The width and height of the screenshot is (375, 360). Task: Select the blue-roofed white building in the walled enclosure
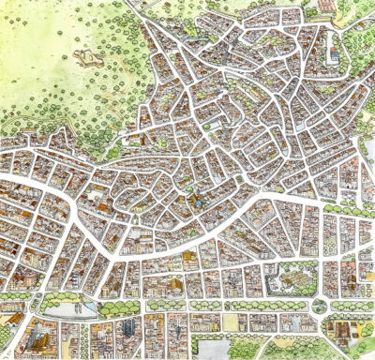coord(334,55)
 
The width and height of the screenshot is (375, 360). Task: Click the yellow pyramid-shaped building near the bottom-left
coord(37,334)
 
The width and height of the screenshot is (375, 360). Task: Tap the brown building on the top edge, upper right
coord(324,5)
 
